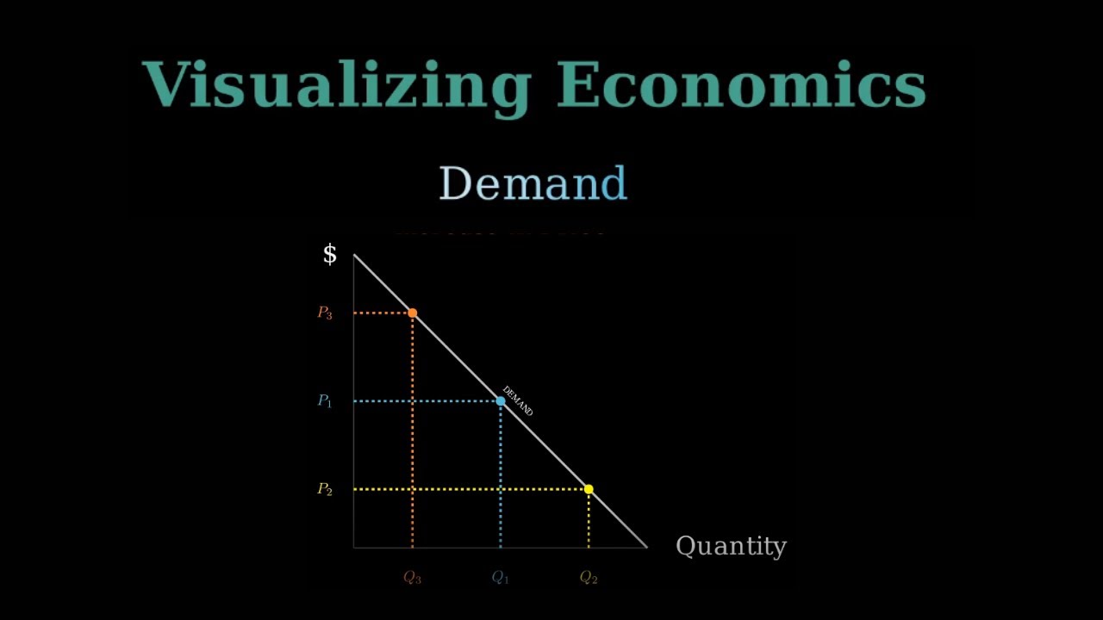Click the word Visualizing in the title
pos(336,86)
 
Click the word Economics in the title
pos(741,86)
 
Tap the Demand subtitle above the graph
pos(533,183)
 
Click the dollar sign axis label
pos(329,254)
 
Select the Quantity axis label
pos(731,546)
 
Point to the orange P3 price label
pos(325,313)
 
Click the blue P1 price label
pos(325,401)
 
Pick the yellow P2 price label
pos(325,489)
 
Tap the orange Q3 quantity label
pos(413,578)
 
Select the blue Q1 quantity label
pos(501,578)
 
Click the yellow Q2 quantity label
pos(589,578)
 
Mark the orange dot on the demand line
pos(413,313)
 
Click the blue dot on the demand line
pos(501,401)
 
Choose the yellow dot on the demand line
pos(589,489)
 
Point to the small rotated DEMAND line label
pos(518,401)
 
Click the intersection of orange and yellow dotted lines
pos(413,489)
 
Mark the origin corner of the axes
pos(354,547)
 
